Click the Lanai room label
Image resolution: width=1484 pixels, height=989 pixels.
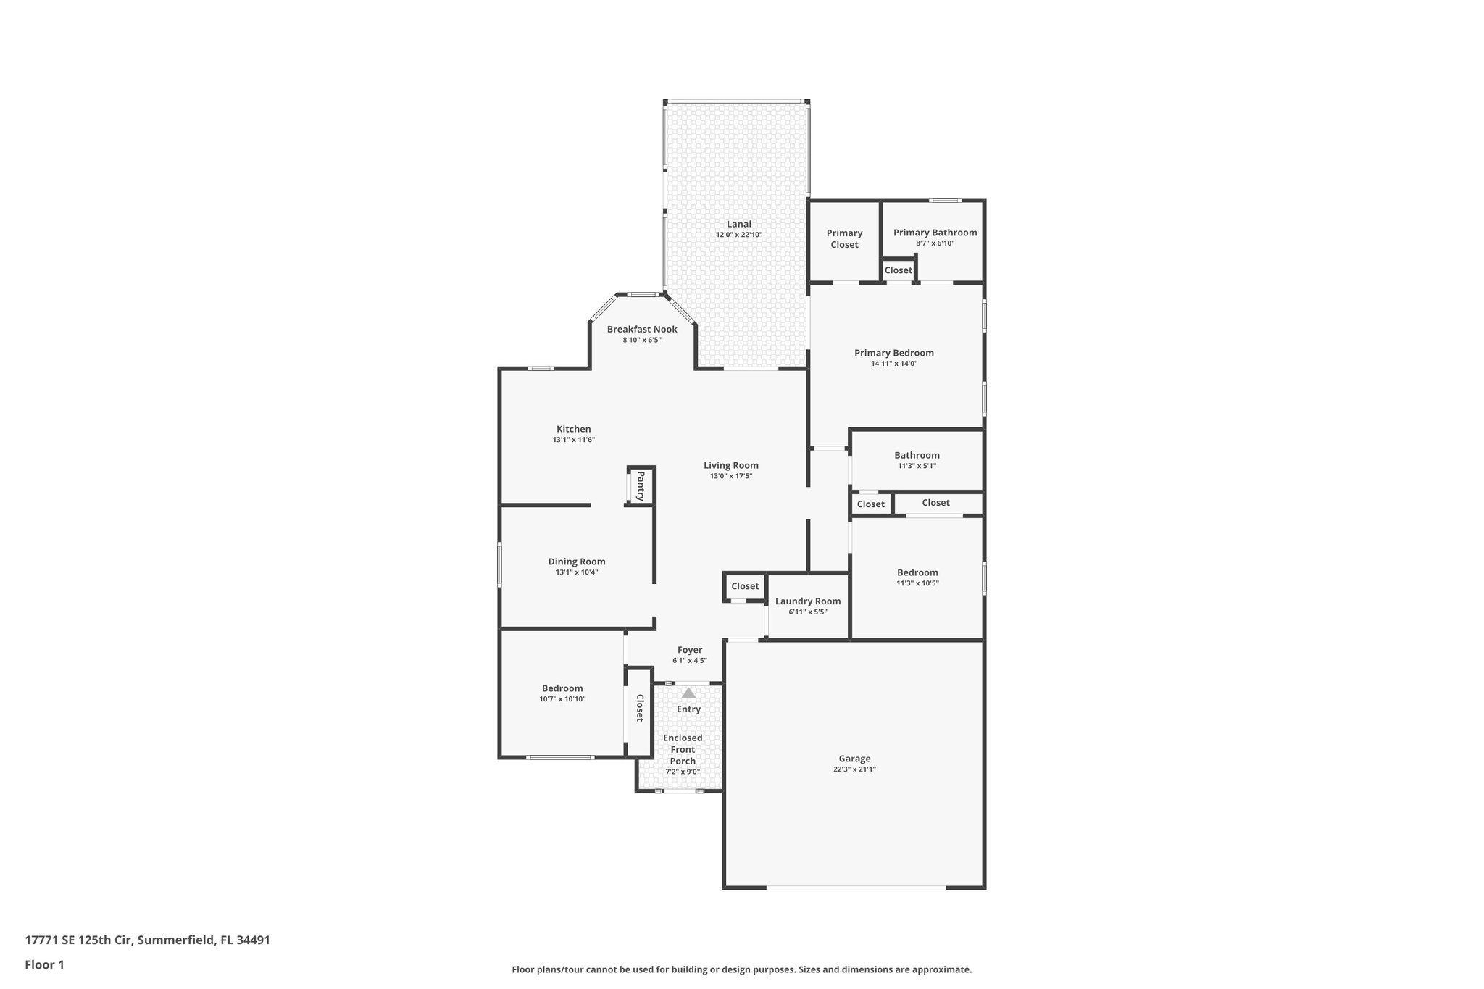(x=738, y=224)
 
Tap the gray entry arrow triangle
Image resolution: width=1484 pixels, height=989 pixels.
(x=688, y=693)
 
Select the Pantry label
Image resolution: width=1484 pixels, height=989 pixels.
(x=641, y=486)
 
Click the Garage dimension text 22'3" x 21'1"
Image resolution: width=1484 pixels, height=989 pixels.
(x=854, y=769)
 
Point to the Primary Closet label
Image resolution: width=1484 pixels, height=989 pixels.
(x=844, y=238)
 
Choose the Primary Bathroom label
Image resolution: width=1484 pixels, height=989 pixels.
(x=935, y=233)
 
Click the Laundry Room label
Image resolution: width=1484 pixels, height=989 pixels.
(x=807, y=601)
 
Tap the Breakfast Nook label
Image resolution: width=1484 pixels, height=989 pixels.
(x=642, y=329)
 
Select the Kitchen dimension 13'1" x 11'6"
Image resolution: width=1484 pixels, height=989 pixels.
(x=573, y=440)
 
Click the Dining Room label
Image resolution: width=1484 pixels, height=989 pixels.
(x=576, y=562)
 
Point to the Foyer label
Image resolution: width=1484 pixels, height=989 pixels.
(x=689, y=650)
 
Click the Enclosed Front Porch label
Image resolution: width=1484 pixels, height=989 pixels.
(x=683, y=749)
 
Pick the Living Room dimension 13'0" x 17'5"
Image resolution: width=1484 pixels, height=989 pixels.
(x=731, y=476)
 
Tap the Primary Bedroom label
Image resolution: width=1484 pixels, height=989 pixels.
(x=893, y=353)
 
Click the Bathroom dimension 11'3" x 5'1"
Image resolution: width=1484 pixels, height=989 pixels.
(x=917, y=466)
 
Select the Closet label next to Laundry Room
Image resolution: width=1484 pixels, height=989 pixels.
(x=745, y=586)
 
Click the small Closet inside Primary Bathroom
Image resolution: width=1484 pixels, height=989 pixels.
(x=898, y=270)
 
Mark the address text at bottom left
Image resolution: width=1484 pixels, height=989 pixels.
(x=147, y=940)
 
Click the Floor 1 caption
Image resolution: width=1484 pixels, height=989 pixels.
(x=44, y=964)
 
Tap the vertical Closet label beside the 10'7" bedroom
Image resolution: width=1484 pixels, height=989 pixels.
(x=640, y=708)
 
